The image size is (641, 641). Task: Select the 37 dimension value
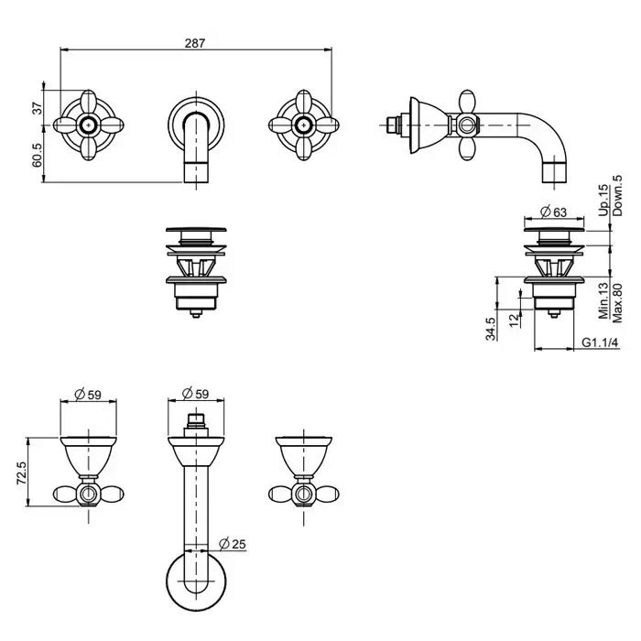point(38,107)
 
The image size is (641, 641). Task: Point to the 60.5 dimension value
point(38,154)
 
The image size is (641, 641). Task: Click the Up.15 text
point(603,201)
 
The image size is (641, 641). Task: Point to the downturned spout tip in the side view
point(556,172)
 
